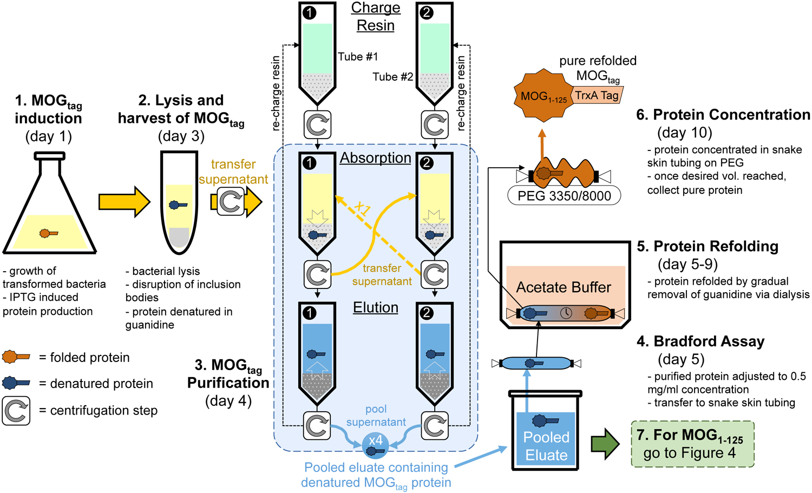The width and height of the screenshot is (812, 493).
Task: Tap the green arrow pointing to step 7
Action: point(604,444)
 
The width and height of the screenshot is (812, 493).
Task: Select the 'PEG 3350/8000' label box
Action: point(564,196)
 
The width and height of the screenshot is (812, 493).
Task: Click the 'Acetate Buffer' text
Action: point(564,287)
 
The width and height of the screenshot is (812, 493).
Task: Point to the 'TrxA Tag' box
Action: point(597,96)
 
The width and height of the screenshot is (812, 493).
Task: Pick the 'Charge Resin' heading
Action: point(376,17)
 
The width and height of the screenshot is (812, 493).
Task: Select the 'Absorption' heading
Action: point(376,158)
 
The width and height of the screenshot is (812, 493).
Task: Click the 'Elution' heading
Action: point(376,307)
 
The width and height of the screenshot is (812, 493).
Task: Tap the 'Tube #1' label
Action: point(358,57)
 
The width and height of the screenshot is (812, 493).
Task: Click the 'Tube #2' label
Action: point(392,77)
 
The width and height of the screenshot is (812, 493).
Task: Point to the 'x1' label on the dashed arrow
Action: point(363,208)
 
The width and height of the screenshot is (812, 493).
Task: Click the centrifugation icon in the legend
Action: point(16,411)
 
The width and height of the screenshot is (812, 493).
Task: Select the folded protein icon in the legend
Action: point(16,357)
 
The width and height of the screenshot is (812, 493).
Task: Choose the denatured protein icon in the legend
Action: point(16,383)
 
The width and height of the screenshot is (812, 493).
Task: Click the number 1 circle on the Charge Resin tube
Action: point(310,12)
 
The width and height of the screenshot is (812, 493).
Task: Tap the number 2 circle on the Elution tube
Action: point(427,312)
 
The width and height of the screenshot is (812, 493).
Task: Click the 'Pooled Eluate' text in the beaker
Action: point(546,446)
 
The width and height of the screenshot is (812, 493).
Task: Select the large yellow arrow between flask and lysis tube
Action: point(124,202)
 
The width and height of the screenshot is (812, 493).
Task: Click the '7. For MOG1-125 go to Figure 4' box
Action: point(692,444)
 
